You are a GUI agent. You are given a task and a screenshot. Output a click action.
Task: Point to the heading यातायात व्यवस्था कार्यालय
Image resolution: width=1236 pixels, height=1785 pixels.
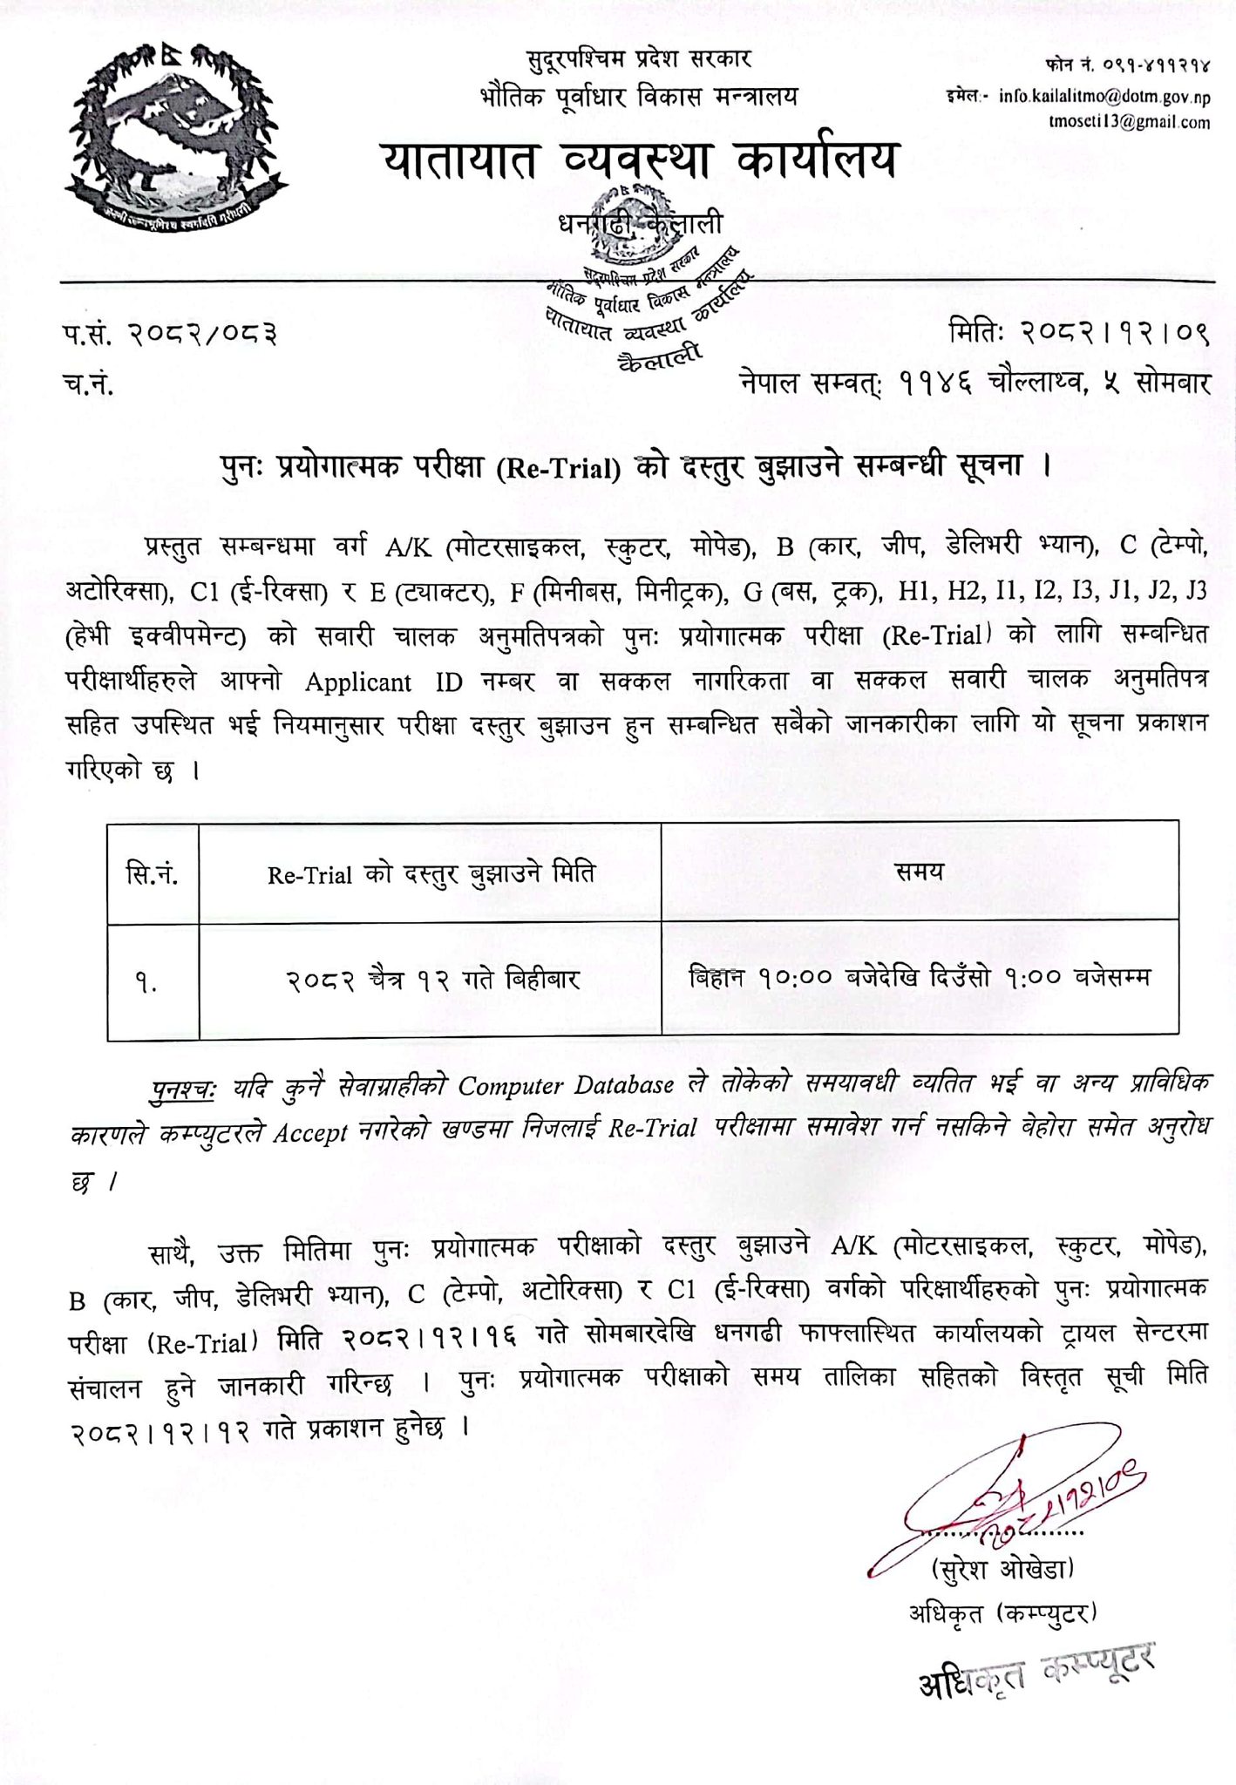[x=638, y=160]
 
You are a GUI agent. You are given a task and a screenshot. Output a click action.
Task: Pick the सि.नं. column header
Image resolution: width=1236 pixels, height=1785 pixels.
[x=153, y=872]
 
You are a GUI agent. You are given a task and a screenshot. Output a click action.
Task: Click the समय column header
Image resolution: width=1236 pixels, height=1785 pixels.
[x=920, y=871]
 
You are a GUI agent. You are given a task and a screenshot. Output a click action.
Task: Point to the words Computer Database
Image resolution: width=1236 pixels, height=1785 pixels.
[x=566, y=1086]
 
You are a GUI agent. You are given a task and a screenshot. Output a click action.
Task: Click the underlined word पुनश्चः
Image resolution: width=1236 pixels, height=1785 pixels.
[x=186, y=1087]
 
